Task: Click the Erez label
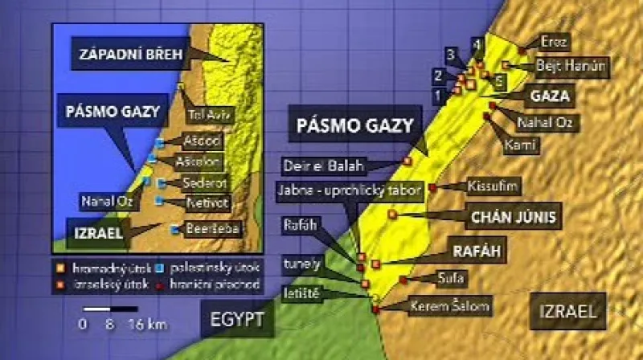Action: click(x=554, y=42)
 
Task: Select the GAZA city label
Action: click(x=550, y=96)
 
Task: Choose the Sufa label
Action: click(x=447, y=277)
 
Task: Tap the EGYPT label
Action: click(x=237, y=319)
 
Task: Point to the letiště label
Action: click(x=301, y=294)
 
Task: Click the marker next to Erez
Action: click(x=522, y=50)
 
